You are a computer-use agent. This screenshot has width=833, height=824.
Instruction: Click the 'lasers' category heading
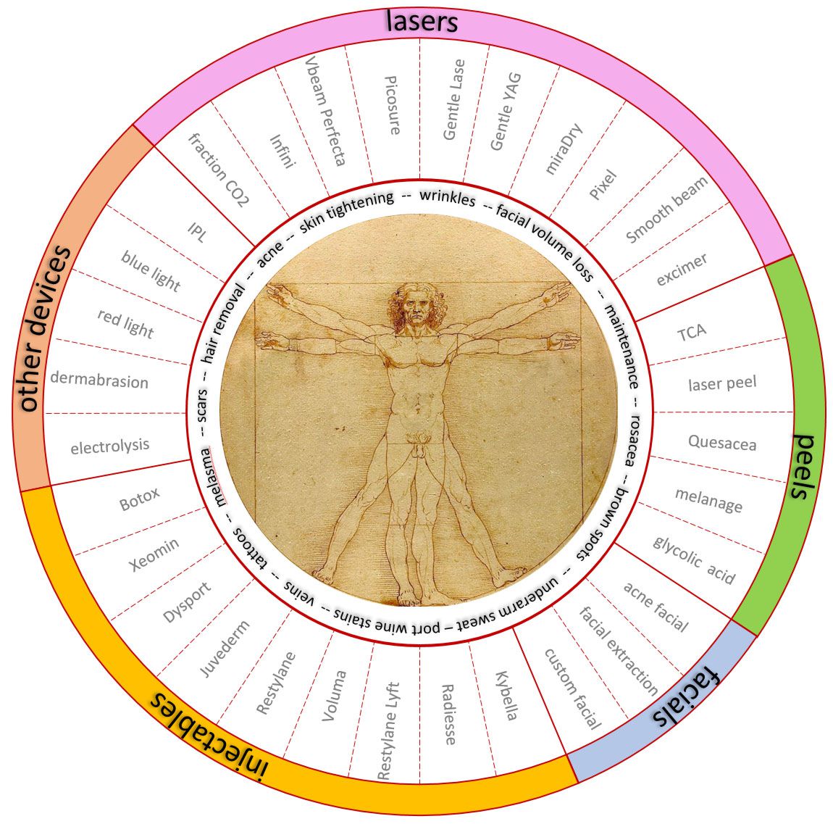tap(422, 21)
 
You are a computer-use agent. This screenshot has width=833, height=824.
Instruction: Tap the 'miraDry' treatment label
tap(564, 149)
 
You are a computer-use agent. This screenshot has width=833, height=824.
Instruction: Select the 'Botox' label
tap(139, 499)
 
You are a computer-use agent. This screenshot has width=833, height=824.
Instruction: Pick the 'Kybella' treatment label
tap(506, 696)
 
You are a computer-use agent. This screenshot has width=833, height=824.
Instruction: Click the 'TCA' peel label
tap(692, 333)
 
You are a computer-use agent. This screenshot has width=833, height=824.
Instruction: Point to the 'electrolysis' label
tap(110, 446)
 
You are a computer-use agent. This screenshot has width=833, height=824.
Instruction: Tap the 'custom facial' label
tap(573, 688)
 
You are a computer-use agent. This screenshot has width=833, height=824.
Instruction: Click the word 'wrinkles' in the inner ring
tap(447, 198)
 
